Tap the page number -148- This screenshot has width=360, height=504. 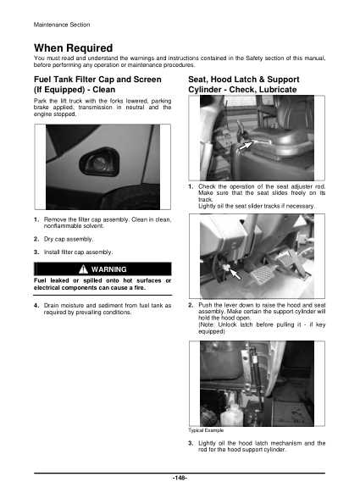coord(180,479)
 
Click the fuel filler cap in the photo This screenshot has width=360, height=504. coord(92,161)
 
